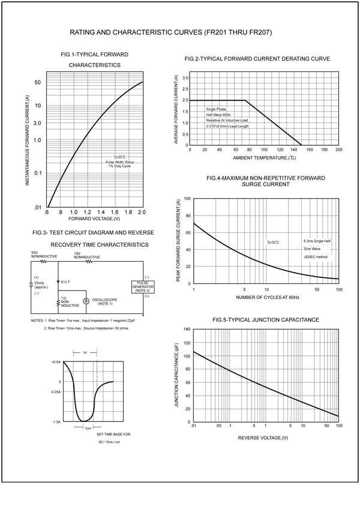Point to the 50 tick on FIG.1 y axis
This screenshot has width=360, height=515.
tap(37, 82)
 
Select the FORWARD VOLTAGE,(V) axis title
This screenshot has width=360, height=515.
tap(95, 220)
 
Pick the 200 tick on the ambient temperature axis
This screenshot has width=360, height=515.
tap(338, 150)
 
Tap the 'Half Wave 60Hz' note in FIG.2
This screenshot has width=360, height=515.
tap(218, 115)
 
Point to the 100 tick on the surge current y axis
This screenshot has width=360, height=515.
tap(187, 199)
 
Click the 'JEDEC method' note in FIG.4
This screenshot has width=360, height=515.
tap(316, 257)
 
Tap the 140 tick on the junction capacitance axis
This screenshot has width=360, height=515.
tap(187, 330)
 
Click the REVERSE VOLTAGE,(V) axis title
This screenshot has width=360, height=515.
tap(263, 438)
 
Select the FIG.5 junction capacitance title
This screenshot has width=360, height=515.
tap(266, 320)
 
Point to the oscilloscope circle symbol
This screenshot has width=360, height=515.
tap(86, 301)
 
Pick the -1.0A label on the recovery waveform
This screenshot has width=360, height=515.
tap(56, 422)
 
